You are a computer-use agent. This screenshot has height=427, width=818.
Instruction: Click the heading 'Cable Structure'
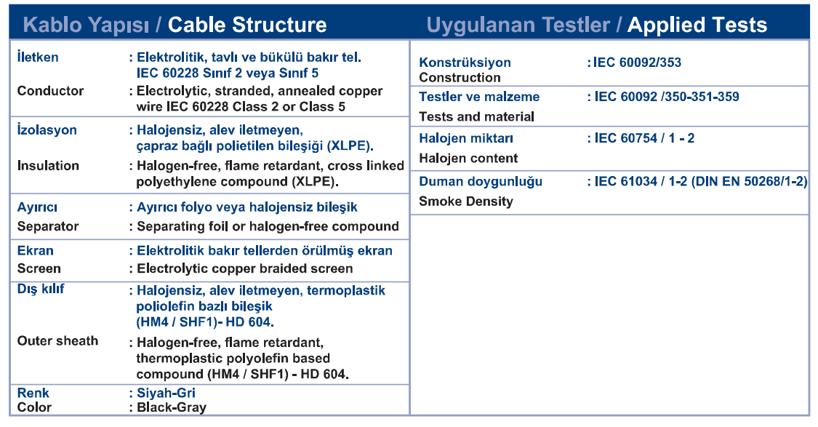(x=247, y=25)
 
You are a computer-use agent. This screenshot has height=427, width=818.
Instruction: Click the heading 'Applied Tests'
(x=697, y=25)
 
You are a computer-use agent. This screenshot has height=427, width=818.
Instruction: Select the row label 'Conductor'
(x=50, y=91)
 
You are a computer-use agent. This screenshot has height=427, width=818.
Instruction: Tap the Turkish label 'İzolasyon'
(x=47, y=129)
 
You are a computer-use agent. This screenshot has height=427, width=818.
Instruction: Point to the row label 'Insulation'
(x=48, y=165)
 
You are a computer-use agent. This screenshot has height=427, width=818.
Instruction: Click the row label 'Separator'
(x=48, y=226)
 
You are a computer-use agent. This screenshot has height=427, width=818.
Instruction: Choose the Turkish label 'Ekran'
(x=36, y=250)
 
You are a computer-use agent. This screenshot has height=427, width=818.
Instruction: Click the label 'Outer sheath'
(x=57, y=341)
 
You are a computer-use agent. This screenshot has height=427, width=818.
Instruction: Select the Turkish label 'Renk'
(x=33, y=393)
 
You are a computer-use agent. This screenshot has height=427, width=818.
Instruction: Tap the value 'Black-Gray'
(x=172, y=407)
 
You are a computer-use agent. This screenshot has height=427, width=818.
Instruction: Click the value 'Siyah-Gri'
(x=166, y=393)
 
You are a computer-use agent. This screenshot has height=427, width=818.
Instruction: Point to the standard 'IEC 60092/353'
(x=637, y=63)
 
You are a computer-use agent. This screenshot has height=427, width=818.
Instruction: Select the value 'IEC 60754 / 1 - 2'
(x=644, y=138)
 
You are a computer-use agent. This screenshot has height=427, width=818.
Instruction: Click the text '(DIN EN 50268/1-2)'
(x=749, y=182)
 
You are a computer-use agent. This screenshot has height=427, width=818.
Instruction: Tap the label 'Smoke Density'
(x=466, y=201)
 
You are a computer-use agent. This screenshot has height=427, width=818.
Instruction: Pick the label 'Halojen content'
(x=468, y=158)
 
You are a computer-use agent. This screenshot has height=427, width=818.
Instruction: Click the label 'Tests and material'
(x=477, y=116)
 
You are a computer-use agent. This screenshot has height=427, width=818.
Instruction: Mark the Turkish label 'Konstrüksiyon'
(x=465, y=63)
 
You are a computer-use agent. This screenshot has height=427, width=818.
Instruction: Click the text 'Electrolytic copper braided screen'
(x=244, y=269)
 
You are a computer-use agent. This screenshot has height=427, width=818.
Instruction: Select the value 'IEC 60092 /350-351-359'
(x=667, y=97)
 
